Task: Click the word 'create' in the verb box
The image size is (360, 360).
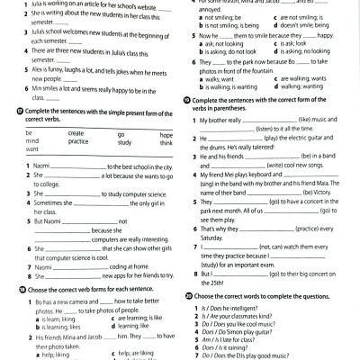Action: pos(76,132)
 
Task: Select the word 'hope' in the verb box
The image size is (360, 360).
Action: pos(166,132)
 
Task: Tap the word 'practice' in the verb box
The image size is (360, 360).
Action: pos(78,141)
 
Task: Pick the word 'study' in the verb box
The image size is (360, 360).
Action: pos(124,141)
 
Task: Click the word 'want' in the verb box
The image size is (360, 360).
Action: pos(33,150)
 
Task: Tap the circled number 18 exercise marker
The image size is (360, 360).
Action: pos(19,291)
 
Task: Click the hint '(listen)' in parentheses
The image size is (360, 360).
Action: pos(269,129)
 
